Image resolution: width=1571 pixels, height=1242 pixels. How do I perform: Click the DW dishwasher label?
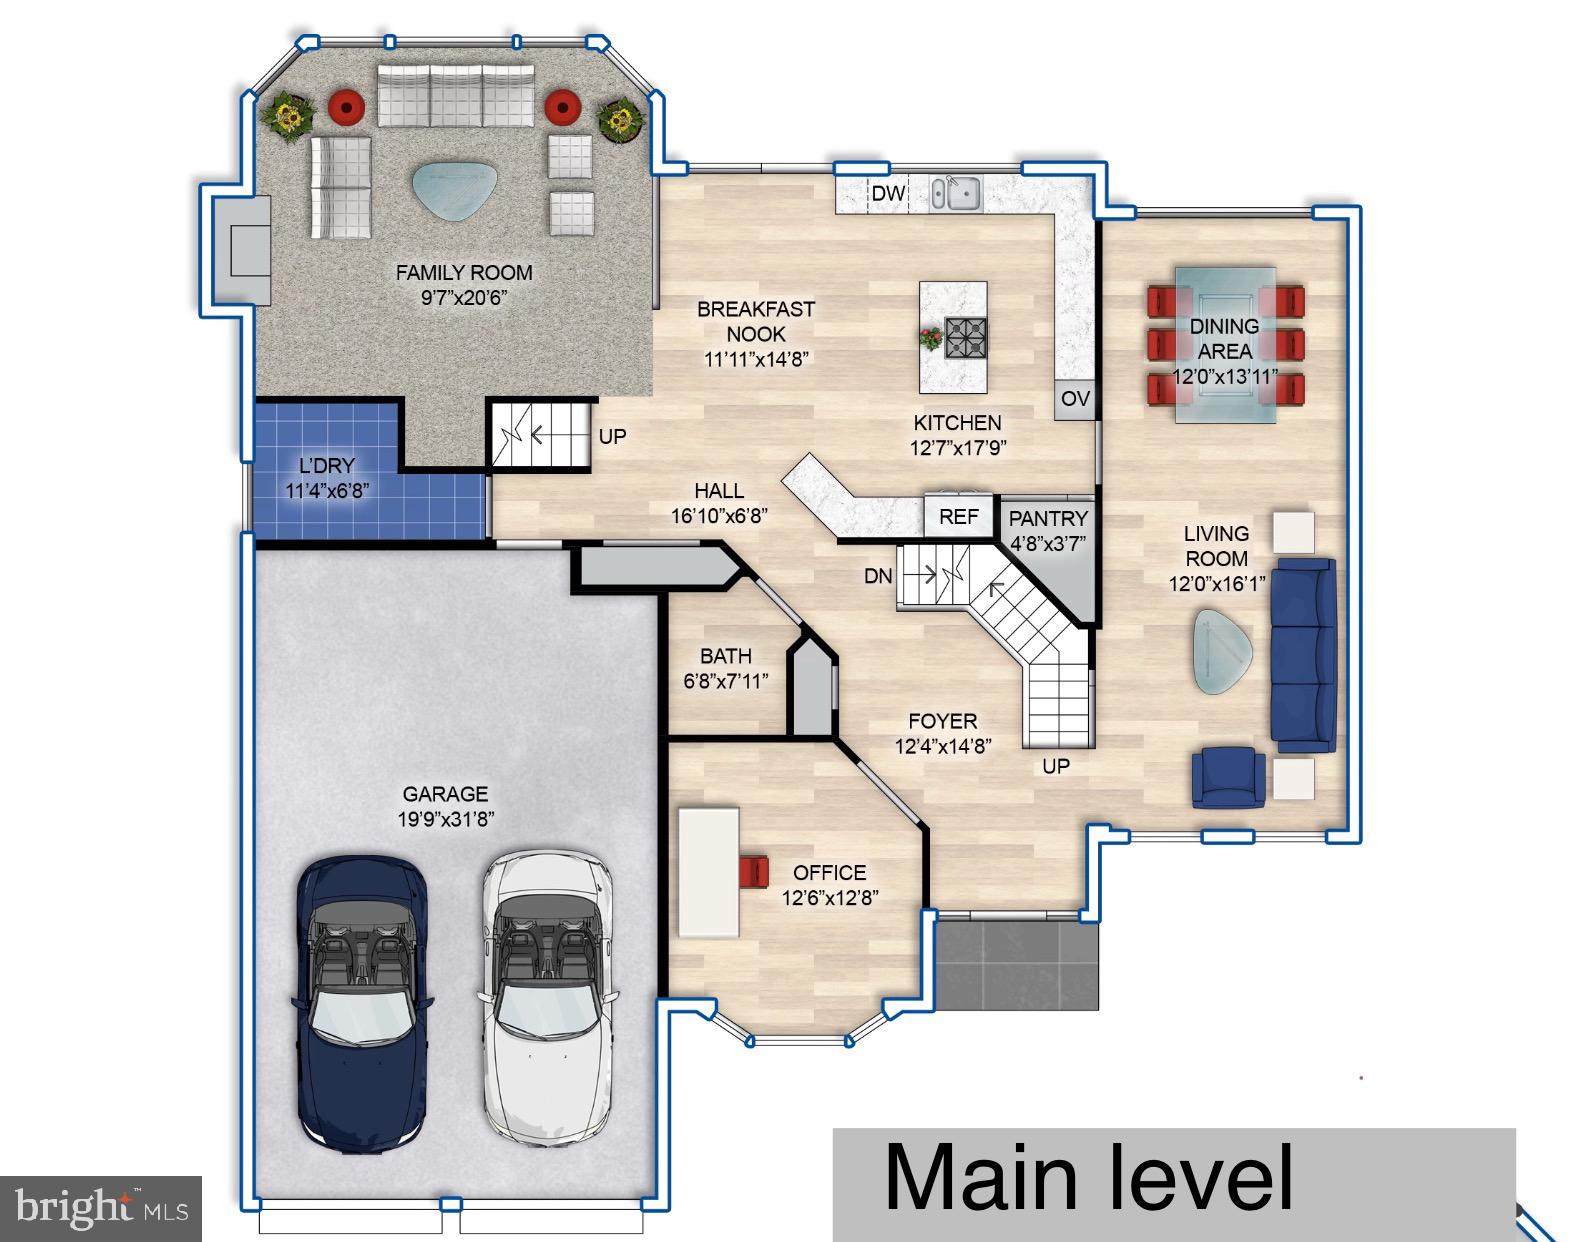(888, 194)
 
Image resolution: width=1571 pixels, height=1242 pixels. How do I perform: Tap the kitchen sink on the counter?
(957, 192)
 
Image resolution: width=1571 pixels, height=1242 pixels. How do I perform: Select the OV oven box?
(1075, 399)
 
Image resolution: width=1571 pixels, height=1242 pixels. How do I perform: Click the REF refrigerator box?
(958, 517)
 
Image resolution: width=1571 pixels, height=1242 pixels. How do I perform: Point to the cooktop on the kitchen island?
(966, 336)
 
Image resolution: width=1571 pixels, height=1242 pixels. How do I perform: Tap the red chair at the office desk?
(754, 870)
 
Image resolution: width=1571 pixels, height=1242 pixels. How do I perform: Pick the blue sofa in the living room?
(1303, 655)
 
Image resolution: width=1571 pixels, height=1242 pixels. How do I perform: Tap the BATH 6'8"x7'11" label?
(726, 668)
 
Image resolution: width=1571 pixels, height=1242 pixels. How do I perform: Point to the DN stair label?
(877, 576)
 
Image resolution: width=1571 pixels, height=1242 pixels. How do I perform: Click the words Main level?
(1088, 1177)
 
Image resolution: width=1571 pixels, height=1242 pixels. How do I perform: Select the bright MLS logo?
(101, 1209)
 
